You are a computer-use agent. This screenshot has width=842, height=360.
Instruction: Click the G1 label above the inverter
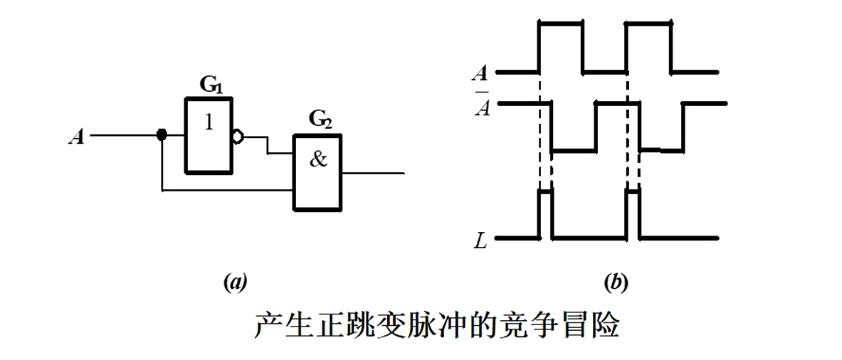pyautogui.click(x=210, y=85)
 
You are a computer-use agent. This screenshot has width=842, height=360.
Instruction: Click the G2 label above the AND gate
pyautogui.click(x=320, y=120)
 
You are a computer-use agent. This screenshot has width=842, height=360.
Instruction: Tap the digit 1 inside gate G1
pyautogui.click(x=208, y=122)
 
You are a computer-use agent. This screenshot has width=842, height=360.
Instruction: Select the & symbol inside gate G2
pyautogui.click(x=318, y=159)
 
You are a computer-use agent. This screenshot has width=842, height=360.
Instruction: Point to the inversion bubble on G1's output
pyautogui.click(x=236, y=135)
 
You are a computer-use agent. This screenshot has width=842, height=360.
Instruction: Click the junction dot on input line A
pyautogui.click(x=162, y=134)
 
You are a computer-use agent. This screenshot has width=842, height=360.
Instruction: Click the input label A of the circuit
pyautogui.click(x=76, y=136)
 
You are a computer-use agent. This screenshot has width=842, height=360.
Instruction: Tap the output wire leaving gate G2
pyautogui.click(x=374, y=173)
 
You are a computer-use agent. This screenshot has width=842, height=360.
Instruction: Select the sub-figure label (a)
pyautogui.click(x=235, y=283)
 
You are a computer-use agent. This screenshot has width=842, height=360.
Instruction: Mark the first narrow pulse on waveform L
pyautogui.click(x=546, y=192)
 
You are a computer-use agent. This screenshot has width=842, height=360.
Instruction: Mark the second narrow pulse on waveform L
pyautogui.click(x=633, y=192)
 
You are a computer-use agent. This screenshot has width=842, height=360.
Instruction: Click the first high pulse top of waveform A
pyautogui.click(x=561, y=23)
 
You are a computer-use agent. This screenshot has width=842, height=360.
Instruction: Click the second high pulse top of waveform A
pyautogui.click(x=648, y=23)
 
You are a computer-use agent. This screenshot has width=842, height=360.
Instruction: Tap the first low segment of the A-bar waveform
pyautogui.click(x=574, y=151)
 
